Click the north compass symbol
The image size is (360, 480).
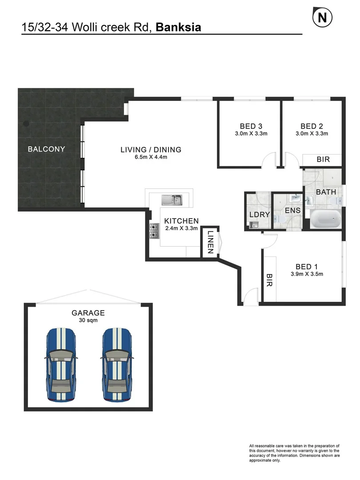323,18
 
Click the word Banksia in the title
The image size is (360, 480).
178,27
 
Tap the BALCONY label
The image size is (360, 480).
46,149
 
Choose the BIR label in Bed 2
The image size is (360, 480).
323,159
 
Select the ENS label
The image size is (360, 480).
292,210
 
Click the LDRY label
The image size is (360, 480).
259,215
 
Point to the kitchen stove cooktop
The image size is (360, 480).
154,231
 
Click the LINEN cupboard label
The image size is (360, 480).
211,242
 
